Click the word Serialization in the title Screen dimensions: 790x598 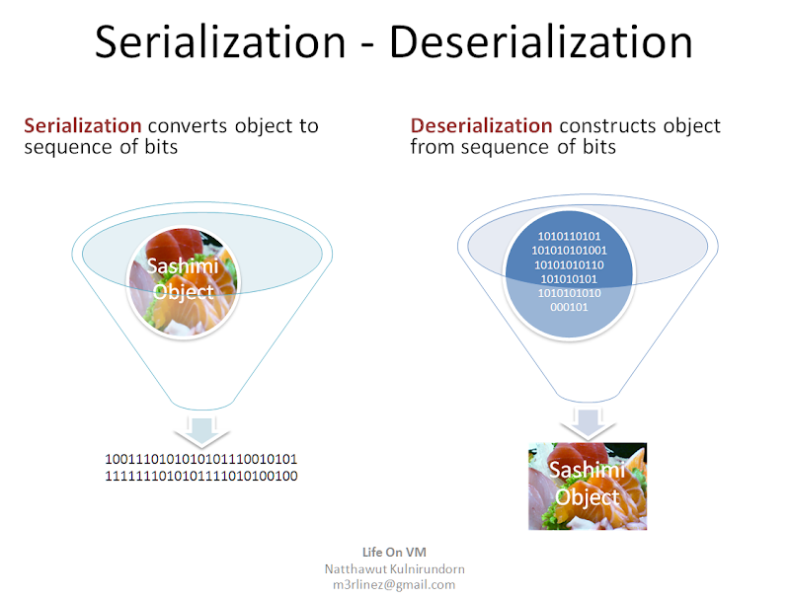[x=220, y=42]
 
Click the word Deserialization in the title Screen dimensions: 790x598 [x=541, y=42]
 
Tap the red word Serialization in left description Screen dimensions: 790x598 [x=83, y=125]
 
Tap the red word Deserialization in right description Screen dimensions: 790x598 [x=482, y=125]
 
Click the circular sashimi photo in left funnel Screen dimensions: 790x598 [x=184, y=282]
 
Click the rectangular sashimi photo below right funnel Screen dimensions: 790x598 [x=588, y=486]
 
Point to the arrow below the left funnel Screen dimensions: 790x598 [x=202, y=431]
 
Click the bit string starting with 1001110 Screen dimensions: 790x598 [x=201, y=459]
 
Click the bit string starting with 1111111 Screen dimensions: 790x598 [x=201, y=476]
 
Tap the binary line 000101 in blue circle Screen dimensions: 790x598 [x=569, y=307]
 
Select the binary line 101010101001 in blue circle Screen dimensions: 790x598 [x=569, y=251]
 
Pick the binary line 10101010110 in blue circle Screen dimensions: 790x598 [x=569, y=264]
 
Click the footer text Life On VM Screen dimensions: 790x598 [x=394, y=553]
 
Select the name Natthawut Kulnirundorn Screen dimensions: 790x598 [x=394, y=568]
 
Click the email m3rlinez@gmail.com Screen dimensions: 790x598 [x=394, y=585]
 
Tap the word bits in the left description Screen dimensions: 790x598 [x=161, y=146]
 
